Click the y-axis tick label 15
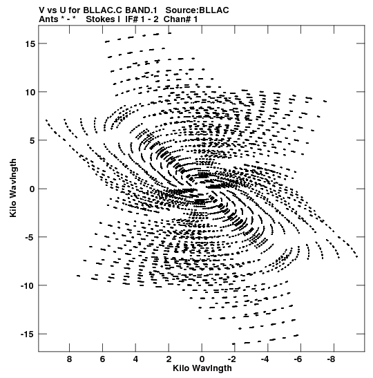click(x=30, y=44)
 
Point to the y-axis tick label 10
click(x=30, y=92)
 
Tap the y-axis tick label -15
click(x=28, y=334)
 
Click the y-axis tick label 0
click(x=32, y=189)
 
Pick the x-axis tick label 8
click(x=69, y=359)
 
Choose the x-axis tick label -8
click(x=332, y=359)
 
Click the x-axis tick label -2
click(x=232, y=359)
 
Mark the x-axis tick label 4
click(x=135, y=359)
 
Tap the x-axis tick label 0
click(x=202, y=359)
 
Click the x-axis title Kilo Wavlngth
click(x=202, y=368)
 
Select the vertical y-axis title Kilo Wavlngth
click(x=13, y=188)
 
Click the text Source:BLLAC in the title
click(x=197, y=10)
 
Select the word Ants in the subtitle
click(x=48, y=19)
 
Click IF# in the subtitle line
click(x=131, y=19)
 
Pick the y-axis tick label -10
click(x=28, y=285)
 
